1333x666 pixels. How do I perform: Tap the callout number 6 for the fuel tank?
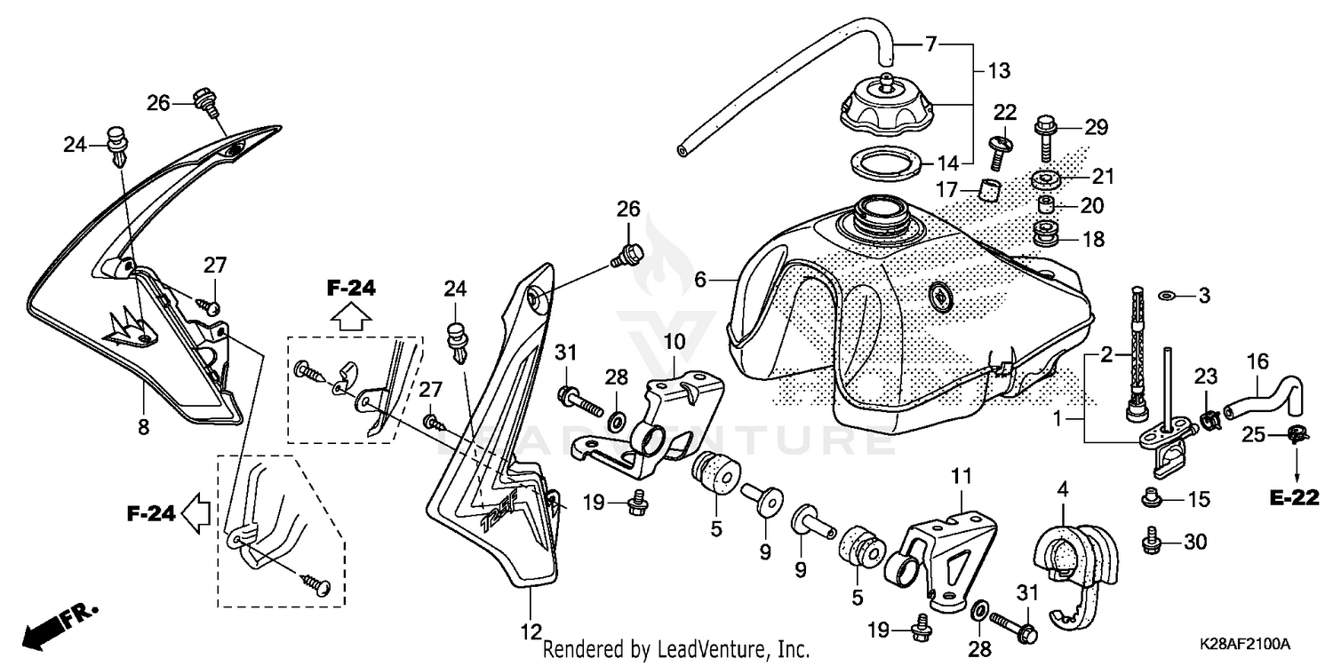click(701, 280)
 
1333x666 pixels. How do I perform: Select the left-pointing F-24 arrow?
click(193, 512)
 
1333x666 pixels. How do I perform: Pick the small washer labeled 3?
click(1166, 295)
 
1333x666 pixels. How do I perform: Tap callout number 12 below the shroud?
click(531, 632)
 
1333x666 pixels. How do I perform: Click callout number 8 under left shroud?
click(143, 427)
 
